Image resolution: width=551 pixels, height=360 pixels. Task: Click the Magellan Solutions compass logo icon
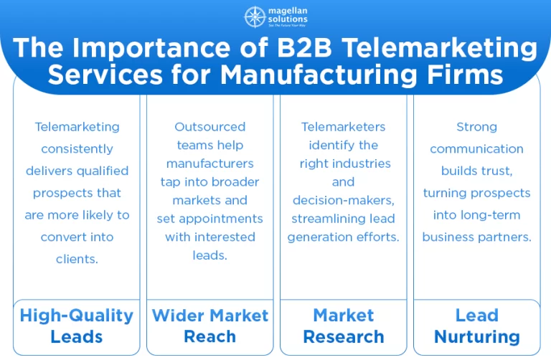tap(255, 16)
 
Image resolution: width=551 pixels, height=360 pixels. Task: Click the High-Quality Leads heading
tap(76, 326)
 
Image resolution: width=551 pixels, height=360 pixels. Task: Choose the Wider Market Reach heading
tap(209, 326)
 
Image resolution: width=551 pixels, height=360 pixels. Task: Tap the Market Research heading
tap(344, 326)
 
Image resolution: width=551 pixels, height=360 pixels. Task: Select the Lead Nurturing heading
tap(477, 326)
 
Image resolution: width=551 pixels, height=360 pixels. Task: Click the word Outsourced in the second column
tap(209, 127)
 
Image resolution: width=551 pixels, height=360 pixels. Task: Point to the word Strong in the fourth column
tap(476, 127)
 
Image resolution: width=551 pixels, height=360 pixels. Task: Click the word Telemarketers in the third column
tap(343, 127)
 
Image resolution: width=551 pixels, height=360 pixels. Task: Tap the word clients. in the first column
tap(77, 259)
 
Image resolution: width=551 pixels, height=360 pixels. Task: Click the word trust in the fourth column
tap(494, 171)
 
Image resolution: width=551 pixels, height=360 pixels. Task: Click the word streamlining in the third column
tap(323, 218)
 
